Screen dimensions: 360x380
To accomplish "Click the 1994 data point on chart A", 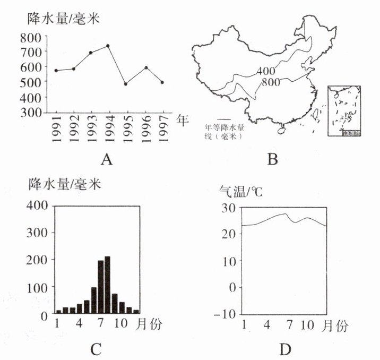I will pyautogui.click(x=108, y=46).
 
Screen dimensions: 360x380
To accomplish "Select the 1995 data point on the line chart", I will pyautogui.click(x=126, y=84).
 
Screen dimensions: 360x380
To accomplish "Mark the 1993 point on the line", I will pyautogui.click(x=91, y=53).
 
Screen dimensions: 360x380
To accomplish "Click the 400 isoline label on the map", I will pyautogui.click(x=265, y=71).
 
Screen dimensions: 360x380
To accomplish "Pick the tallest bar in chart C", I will pyautogui.click(x=107, y=285).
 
